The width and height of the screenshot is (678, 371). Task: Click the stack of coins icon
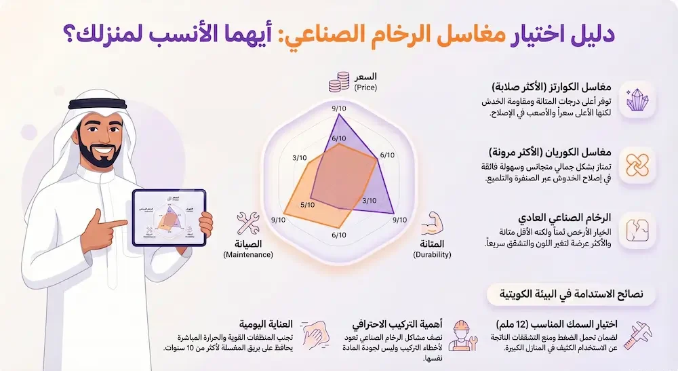click(x=338, y=82)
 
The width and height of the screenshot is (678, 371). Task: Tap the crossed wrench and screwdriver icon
click(x=248, y=224)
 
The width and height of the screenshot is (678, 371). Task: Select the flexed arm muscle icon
click(x=432, y=224)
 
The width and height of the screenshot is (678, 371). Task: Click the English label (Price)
click(x=365, y=87)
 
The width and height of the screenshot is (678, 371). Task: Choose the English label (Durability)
click(x=432, y=254)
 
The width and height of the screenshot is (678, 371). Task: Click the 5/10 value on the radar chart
click(x=307, y=204)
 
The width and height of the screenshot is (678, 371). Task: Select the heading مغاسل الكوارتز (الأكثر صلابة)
click(x=552, y=88)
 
